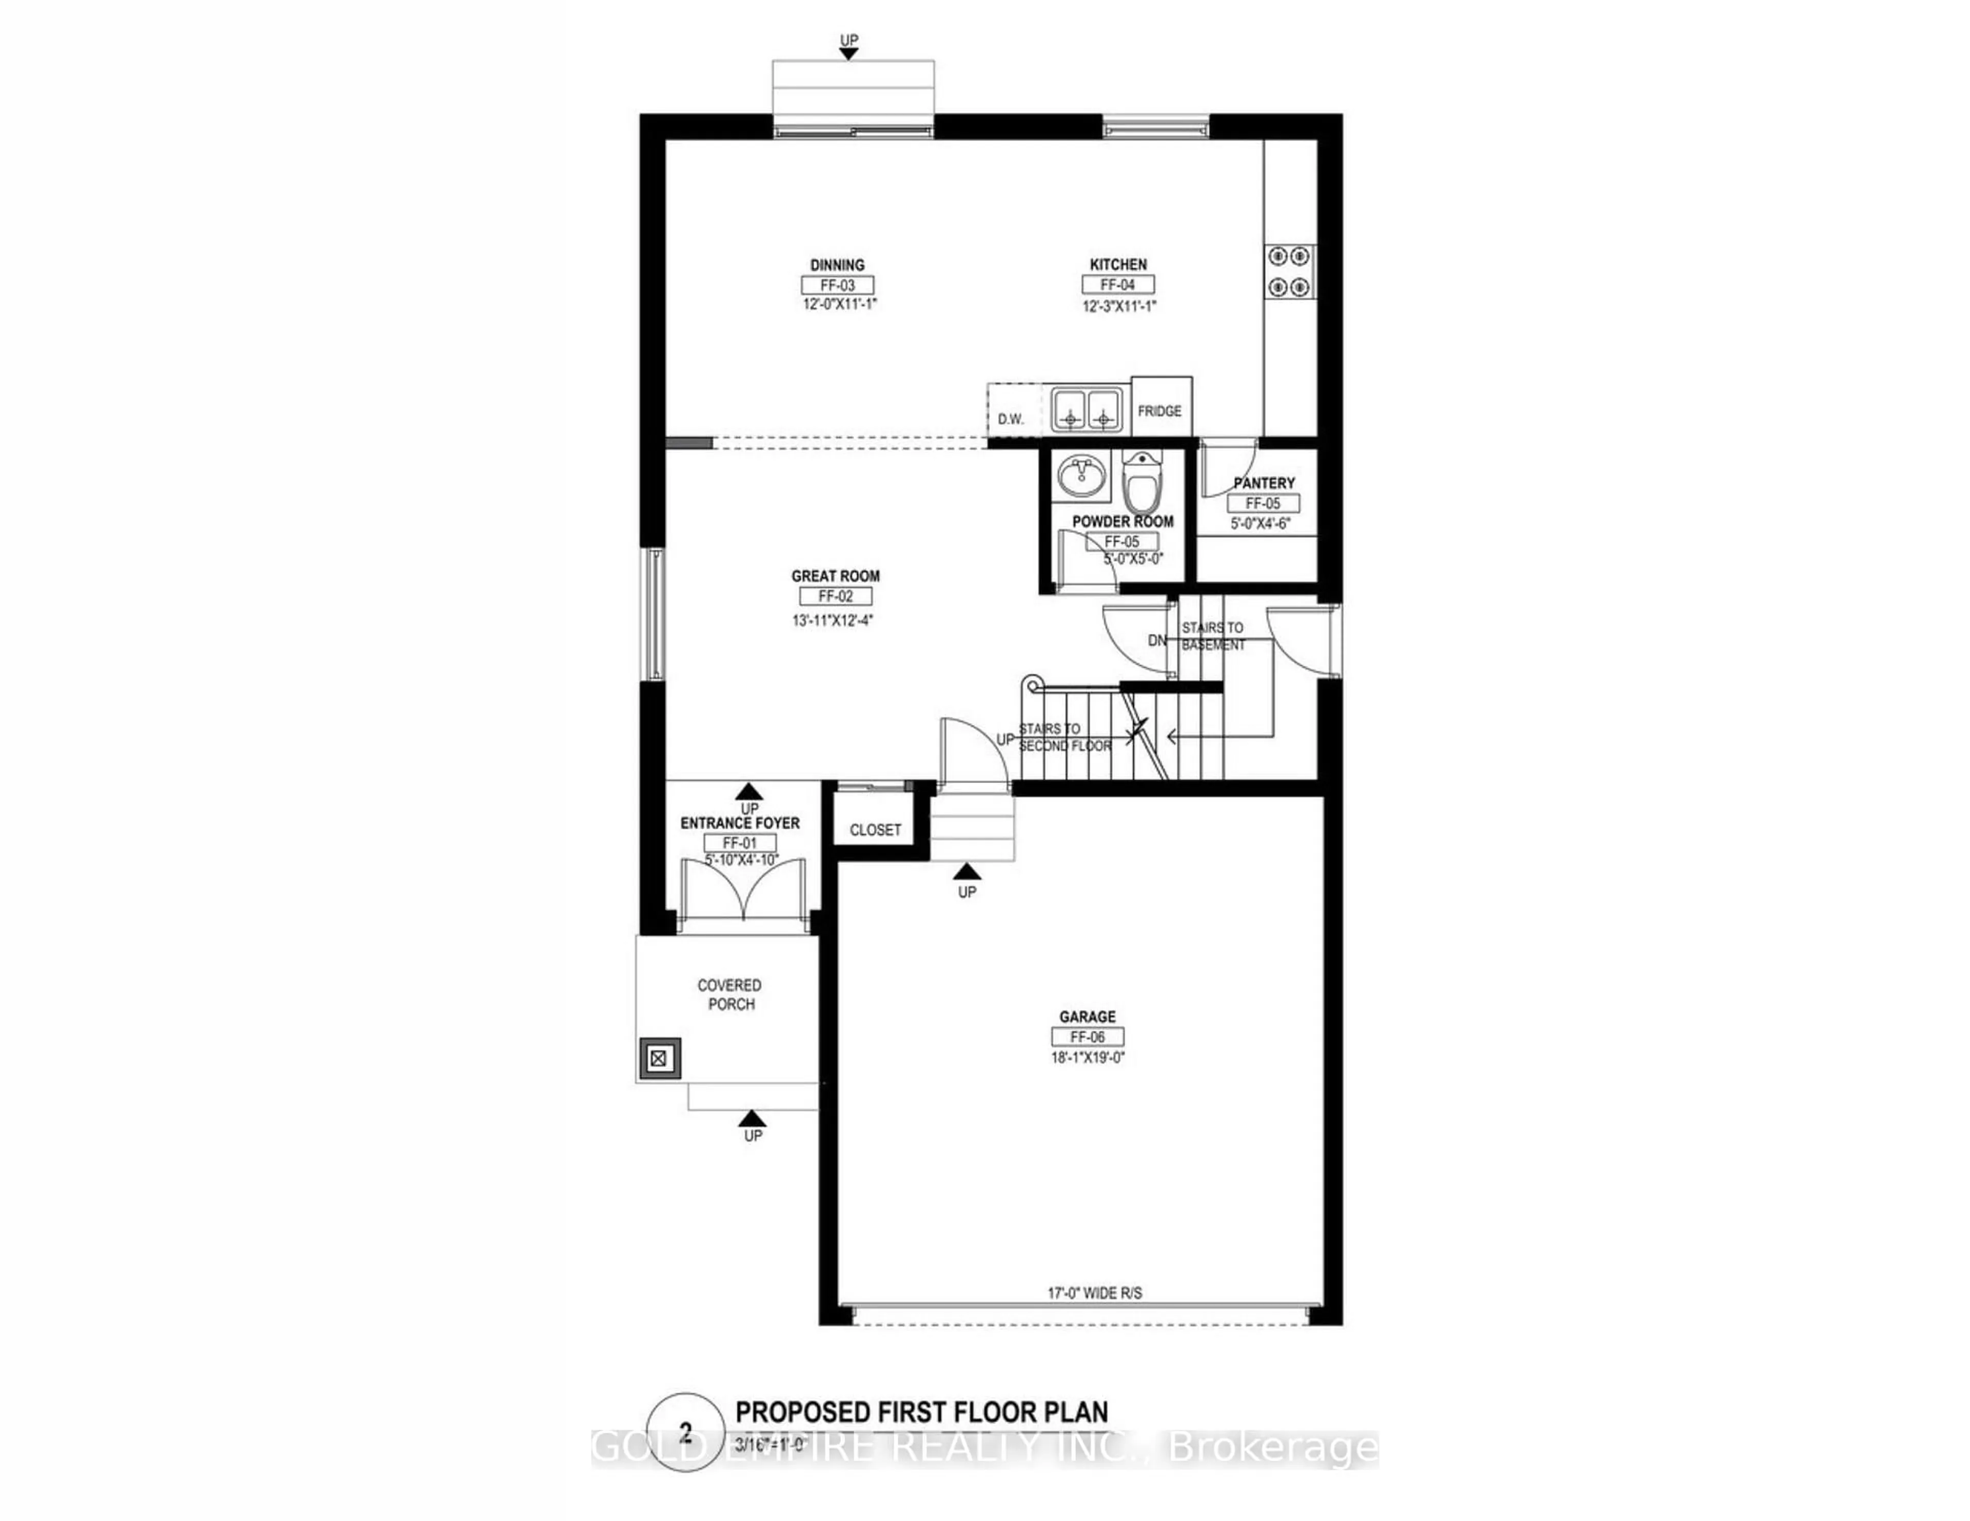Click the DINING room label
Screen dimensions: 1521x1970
click(x=837, y=264)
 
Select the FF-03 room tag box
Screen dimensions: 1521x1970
click(x=837, y=285)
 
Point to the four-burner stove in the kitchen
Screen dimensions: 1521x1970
click(x=1289, y=271)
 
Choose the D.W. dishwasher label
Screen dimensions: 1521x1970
click(x=1010, y=419)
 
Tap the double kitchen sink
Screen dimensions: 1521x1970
click(x=1086, y=410)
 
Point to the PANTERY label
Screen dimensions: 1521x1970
click(x=1264, y=483)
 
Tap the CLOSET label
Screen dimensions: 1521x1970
click(x=875, y=829)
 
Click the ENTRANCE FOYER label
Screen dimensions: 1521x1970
click(x=740, y=823)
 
